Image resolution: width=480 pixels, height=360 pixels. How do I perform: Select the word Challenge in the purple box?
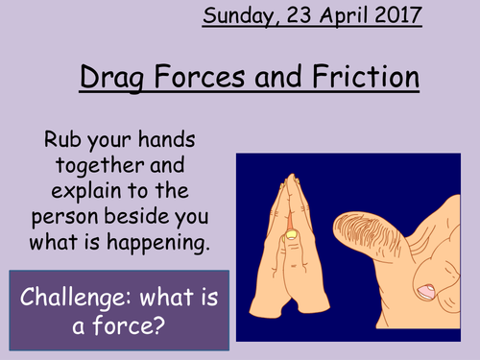click(x=77, y=283)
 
